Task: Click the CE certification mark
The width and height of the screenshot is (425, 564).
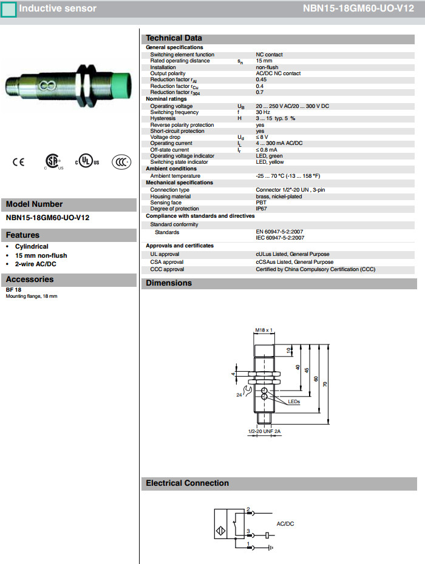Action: coord(19,163)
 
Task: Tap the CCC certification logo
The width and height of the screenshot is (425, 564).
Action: coord(121,163)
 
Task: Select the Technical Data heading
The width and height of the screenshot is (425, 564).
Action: coord(174,38)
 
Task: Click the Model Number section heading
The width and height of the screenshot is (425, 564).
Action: coord(34,204)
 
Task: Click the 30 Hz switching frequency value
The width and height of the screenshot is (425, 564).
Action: coord(263,112)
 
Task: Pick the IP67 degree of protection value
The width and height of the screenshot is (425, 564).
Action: coord(261,208)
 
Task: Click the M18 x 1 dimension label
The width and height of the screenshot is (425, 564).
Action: coord(263,330)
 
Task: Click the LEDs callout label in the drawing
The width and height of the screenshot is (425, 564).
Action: coord(294,401)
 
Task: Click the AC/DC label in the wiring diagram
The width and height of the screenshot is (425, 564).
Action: coord(285,523)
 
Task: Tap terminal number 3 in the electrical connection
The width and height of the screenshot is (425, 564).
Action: coord(248,531)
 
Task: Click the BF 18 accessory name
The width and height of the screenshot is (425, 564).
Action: coord(13,290)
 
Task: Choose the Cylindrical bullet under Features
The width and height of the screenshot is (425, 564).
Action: coord(32,247)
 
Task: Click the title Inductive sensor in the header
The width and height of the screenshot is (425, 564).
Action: coord(57,8)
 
